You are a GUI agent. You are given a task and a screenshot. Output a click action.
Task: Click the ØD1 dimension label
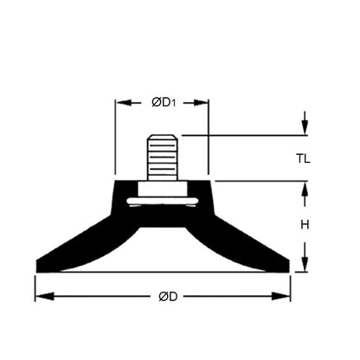tap(162, 103)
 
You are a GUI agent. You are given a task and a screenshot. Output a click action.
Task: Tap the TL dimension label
tap(303, 159)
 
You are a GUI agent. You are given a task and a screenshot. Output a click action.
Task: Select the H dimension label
tap(304, 225)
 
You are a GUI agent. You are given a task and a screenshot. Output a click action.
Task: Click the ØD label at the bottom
tap(168, 297)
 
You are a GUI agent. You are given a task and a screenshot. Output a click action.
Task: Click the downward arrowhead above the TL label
tap(304, 130)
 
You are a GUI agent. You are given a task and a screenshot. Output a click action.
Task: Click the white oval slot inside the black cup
tap(163, 202)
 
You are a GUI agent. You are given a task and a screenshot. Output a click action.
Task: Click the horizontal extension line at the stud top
tap(242, 135)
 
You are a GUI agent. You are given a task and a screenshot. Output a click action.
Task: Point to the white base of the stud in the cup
tap(163, 190)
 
